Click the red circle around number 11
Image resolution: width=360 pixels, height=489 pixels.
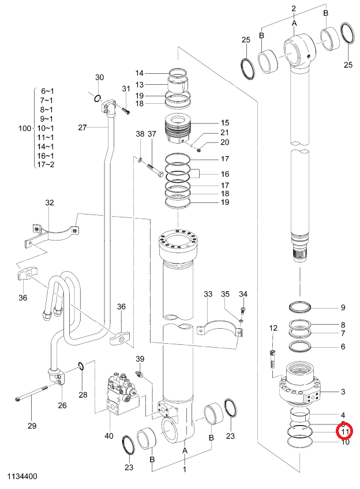[344, 431]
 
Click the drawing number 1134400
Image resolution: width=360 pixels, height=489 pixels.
[22, 476]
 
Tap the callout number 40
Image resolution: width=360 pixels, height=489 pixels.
[109, 435]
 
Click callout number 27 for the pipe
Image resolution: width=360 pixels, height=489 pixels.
[82, 127]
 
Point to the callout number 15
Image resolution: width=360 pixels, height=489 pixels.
[225, 123]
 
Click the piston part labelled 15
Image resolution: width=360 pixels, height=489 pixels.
[178, 129]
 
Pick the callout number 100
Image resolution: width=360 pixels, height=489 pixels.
[25, 128]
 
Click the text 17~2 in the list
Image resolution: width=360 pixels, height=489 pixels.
[46, 164]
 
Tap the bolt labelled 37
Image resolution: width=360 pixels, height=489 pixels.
[155, 170]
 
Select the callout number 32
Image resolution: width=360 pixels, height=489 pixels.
[50, 202]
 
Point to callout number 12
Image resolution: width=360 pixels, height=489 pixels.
[273, 328]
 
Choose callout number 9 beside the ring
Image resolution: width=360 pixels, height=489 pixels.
[343, 307]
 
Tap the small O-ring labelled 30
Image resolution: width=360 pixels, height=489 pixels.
[97, 99]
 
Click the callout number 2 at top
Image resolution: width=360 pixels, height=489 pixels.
[294, 9]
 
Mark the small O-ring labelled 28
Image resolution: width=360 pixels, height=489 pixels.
[81, 366]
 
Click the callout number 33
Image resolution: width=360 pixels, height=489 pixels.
[208, 294]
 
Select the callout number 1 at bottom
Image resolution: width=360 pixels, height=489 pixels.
[185, 469]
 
